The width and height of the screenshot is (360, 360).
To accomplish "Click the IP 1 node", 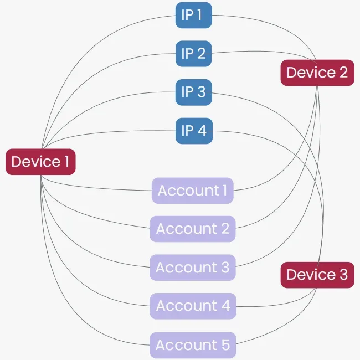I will pos(194,15).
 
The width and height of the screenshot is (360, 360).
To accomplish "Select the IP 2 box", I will pos(194,53).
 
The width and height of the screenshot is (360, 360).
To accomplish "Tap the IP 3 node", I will pos(194,92).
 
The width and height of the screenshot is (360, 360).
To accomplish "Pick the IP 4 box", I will pos(194,131).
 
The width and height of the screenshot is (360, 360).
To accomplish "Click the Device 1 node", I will pos(40,162).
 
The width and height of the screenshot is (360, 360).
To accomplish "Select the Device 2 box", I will pos(317,73).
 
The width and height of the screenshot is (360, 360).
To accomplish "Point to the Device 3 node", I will pos(317,275).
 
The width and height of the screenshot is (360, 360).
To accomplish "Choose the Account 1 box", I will pos(193,191).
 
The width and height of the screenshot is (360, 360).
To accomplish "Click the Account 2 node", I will pos(193,229).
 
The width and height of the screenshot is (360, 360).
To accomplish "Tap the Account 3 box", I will pos(193,268).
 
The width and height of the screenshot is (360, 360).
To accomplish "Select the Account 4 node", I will pos(193,306).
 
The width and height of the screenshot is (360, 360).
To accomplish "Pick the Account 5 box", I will pos(193,345).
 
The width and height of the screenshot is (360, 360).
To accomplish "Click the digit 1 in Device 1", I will pos(67,162).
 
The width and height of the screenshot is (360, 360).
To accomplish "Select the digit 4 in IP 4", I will pos(202,131).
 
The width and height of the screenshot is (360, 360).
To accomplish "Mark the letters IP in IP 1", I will pos(187,15).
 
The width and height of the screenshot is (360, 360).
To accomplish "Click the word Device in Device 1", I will pos(34,162).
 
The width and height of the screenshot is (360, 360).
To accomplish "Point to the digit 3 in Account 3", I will pos(224,268).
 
